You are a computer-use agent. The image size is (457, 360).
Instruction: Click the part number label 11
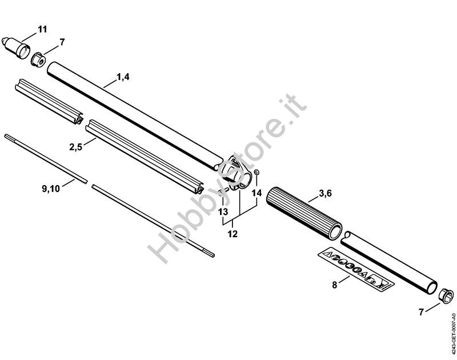click(x=43, y=29)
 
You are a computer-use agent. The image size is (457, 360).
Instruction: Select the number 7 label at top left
click(x=62, y=42)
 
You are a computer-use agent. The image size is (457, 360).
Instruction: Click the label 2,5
click(x=76, y=147)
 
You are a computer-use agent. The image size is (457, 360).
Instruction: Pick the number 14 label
click(x=257, y=194)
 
